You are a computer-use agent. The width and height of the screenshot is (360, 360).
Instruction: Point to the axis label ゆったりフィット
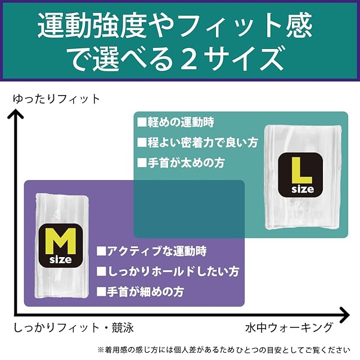pyautogui.click(x=56, y=100)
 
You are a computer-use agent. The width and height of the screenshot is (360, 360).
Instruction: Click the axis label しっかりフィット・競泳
pyautogui.click(x=74, y=327)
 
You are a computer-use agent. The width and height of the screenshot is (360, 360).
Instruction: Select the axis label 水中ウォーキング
pyautogui.click(x=289, y=327)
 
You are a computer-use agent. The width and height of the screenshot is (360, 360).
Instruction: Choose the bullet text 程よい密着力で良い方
pyautogui.click(x=197, y=142)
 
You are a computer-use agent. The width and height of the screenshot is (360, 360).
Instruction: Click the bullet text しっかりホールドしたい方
pyautogui.click(x=168, y=272)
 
